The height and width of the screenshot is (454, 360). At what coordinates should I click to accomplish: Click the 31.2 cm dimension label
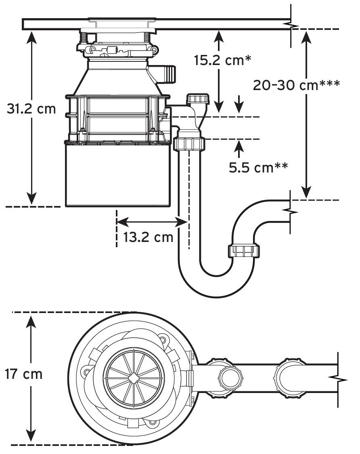coord(31,109)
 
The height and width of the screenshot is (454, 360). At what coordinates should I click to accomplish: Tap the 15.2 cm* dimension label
coord(222,60)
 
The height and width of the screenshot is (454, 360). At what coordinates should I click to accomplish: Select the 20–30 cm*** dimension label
coord(296,85)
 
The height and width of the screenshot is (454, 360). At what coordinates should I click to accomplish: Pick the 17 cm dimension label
coord(24,374)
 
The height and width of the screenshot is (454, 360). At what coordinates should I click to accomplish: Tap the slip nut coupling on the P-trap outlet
coord(244,251)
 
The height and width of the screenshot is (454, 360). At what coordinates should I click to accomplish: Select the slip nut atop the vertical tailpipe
coord(189,144)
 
